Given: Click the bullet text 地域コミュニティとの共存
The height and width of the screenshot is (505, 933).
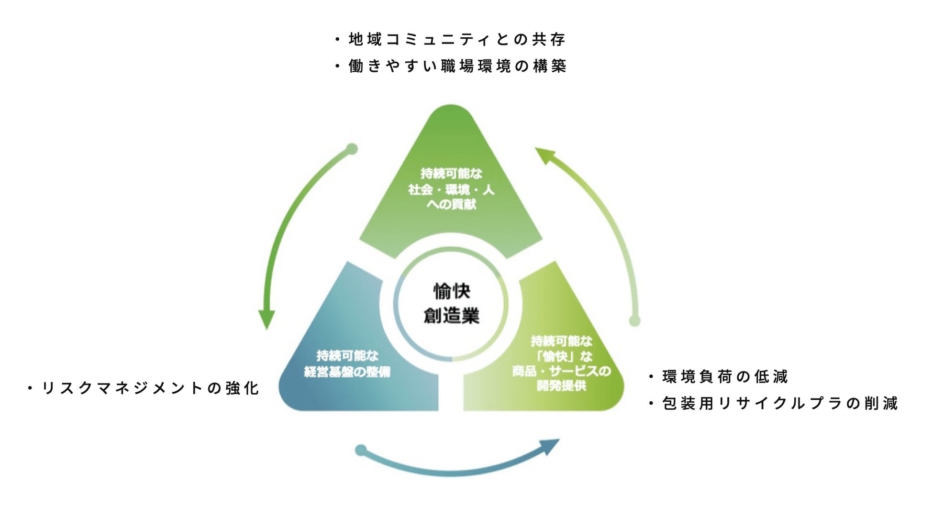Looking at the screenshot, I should (x=457, y=39).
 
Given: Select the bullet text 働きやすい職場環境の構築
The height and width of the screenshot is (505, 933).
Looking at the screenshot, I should (x=457, y=66).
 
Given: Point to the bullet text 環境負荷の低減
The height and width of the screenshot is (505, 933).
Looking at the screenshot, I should (x=725, y=377).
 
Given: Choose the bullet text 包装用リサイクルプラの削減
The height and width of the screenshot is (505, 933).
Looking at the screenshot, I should (x=780, y=404).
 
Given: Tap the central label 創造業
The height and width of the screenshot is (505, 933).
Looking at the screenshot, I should (x=451, y=316).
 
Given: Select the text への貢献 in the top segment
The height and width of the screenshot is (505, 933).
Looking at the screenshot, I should (x=451, y=205).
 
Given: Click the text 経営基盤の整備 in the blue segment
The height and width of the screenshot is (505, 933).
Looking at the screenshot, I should (x=347, y=372).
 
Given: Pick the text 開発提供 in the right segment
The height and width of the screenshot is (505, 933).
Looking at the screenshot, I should (x=561, y=385).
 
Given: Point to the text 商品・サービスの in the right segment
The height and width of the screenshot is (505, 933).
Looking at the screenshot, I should (x=561, y=371).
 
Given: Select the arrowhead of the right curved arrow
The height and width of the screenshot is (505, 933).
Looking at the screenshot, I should (x=544, y=155).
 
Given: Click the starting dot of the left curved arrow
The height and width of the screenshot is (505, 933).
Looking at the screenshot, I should (x=352, y=149).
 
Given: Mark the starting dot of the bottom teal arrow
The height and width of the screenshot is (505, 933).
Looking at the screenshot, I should (x=361, y=450).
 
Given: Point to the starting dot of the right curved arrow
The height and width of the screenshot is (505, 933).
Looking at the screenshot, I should (x=634, y=321).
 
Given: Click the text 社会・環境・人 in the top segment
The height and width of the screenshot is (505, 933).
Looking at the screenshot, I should (x=451, y=190).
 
